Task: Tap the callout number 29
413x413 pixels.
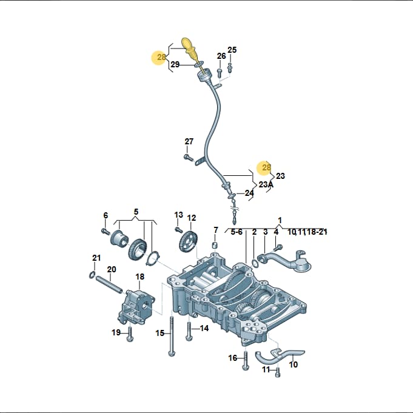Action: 175,64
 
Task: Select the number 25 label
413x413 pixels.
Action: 232,50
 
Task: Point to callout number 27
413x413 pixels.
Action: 189,141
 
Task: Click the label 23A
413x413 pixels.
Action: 266,184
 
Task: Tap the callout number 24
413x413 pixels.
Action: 249,193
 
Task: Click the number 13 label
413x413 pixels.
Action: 178,215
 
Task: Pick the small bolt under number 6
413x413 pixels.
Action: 106,232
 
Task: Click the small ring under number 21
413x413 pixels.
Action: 92,275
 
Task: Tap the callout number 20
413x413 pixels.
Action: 112,269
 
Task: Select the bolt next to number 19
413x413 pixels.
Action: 129,334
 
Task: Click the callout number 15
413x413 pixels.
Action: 160,333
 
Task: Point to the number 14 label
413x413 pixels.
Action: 204,328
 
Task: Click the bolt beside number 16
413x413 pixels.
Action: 246,360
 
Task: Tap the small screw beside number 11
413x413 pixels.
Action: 278,371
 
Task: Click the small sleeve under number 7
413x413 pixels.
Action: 215,246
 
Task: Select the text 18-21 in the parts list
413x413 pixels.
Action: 317,232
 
